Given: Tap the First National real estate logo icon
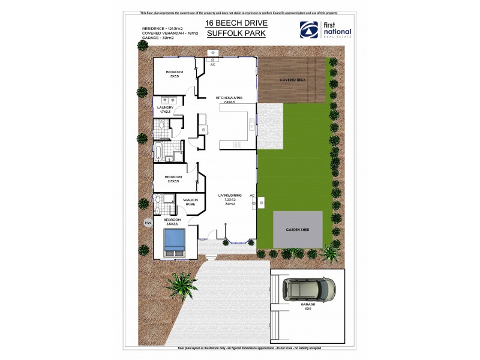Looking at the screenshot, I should [x=309, y=29].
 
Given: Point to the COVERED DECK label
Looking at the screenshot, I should [x=293, y=79].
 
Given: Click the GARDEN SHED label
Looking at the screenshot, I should [x=298, y=229].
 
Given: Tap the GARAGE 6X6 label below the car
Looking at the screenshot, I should [x=308, y=307].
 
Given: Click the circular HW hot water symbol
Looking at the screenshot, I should [x=148, y=223].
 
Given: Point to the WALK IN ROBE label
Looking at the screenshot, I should [x=190, y=202].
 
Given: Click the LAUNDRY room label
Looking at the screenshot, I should [x=165, y=109].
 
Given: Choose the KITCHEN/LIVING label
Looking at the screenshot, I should [x=228, y=100].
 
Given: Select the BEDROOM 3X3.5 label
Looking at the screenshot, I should [x=175, y=74].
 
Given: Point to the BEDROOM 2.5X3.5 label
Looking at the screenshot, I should [x=173, y=179].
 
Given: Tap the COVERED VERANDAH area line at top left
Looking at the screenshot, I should [x=170, y=33].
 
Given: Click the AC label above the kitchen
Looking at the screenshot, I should [x=212, y=65].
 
